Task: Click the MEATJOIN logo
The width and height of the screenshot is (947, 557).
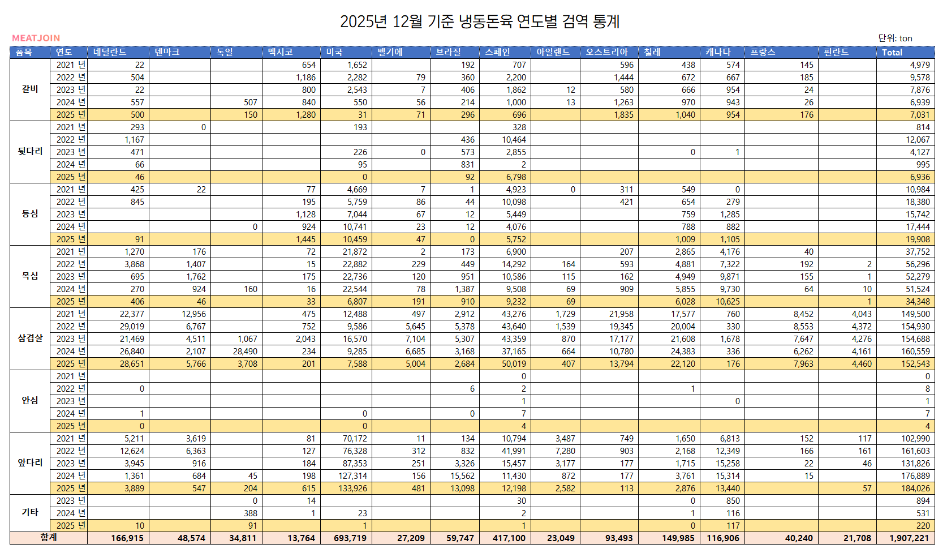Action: point(36,38)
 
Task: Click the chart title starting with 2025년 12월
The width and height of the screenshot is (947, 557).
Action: point(480,22)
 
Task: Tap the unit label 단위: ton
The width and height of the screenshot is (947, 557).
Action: point(895,38)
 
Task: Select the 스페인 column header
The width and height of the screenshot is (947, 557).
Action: point(498,52)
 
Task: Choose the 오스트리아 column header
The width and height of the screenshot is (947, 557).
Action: point(606,52)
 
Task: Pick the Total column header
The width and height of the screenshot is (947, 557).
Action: point(892,52)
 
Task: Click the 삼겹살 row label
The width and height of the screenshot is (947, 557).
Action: point(30,338)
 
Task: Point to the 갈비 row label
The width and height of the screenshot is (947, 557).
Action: point(30,89)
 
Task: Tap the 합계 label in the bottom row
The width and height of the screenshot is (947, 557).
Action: point(49,537)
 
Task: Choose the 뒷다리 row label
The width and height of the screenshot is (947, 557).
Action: point(30,151)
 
